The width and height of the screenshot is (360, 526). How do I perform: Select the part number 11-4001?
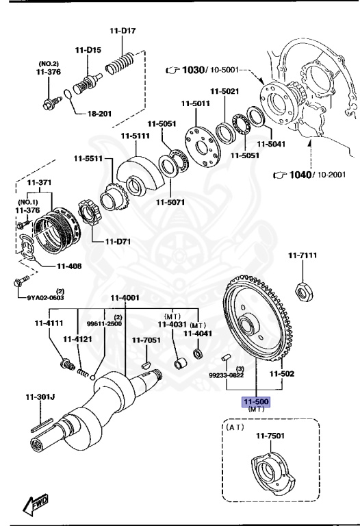click(x=125, y=297)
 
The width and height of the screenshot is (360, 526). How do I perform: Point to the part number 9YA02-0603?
click(x=46, y=297)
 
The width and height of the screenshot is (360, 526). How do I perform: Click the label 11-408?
click(x=70, y=266)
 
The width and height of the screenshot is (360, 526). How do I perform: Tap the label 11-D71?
click(x=118, y=241)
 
